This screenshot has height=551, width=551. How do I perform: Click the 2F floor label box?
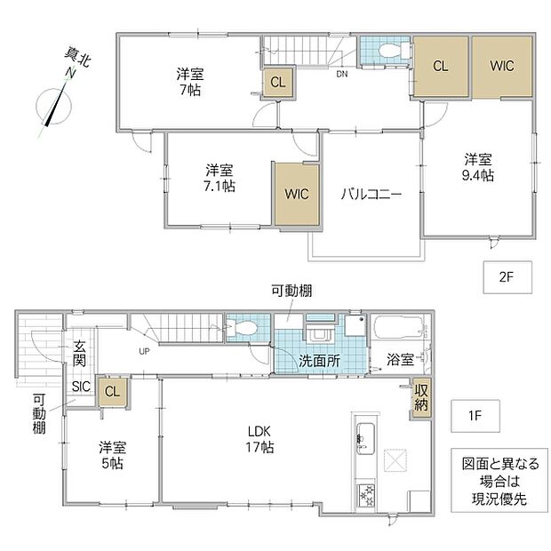tap(507, 277)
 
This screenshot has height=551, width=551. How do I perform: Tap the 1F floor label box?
tap(475, 416)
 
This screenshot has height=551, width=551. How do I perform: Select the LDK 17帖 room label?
tap(260, 439)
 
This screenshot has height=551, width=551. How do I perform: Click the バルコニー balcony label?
tap(371, 194)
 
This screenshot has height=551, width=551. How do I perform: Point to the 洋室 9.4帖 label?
tap(478, 167)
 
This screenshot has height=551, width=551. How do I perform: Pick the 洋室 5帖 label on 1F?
tap(113, 455)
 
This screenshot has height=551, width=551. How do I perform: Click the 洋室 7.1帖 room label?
tap(220, 178)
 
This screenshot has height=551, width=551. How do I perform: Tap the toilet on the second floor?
tap(394, 51)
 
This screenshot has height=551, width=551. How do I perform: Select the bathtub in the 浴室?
tap(398, 328)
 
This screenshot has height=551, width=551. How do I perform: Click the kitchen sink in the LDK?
tap(366, 438)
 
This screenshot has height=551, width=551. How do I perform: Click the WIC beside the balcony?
tap(297, 195)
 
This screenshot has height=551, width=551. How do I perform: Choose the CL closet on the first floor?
tap(113, 392)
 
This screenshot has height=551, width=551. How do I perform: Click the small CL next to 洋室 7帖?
tap(277, 83)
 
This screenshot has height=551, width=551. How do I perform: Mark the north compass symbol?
tap(54, 105)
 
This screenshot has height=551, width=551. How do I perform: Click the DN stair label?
tap(342, 74)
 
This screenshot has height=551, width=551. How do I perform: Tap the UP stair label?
tap(144, 351)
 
